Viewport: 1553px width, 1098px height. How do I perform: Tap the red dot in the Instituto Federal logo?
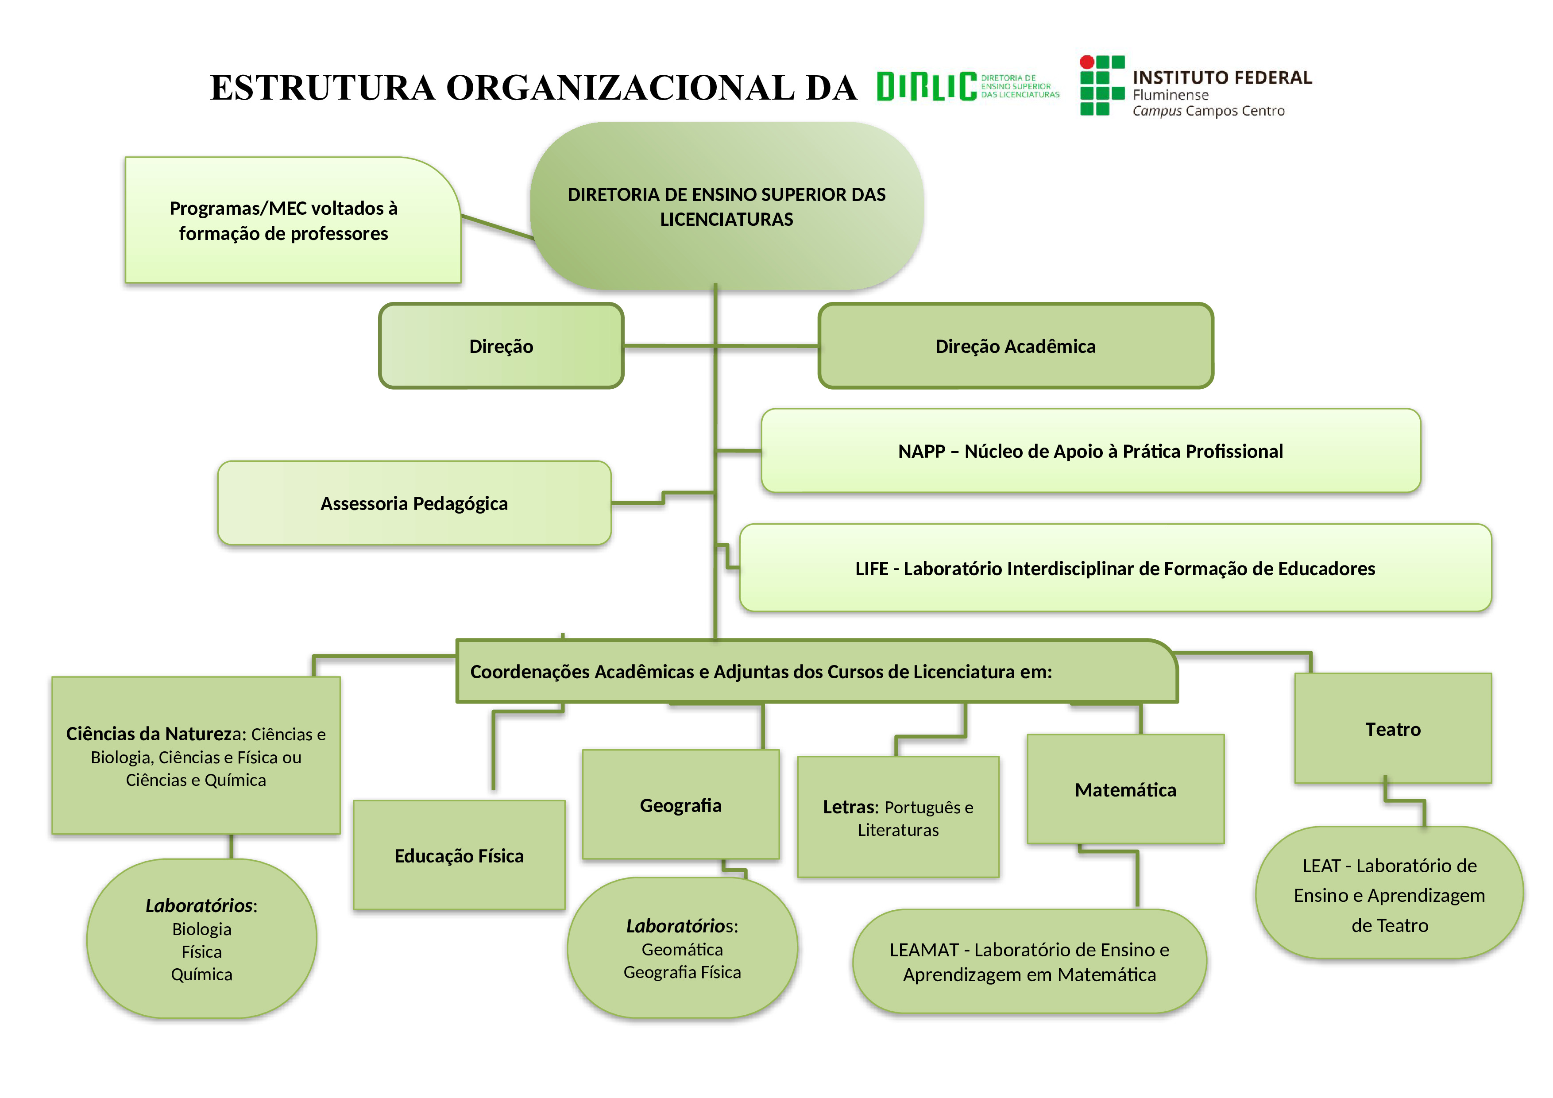[x=1087, y=62]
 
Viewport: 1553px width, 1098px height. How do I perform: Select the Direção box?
[x=501, y=346]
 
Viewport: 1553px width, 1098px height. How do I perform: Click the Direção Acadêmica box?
[x=1015, y=346]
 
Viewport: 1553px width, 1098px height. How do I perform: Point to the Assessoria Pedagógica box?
[x=414, y=503]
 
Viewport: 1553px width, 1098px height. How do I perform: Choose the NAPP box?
[x=1090, y=451]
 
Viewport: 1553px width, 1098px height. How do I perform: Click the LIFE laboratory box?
[x=1115, y=568]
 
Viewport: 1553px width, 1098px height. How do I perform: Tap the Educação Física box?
[x=459, y=856]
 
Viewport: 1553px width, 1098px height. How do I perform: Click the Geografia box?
[x=680, y=805]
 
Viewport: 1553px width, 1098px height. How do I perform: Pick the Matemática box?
[x=1125, y=789]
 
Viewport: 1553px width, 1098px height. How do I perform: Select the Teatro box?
[x=1393, y=729]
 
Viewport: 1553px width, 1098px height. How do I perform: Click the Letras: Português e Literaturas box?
[x=897, y=818]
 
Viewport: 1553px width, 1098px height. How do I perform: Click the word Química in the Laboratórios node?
[x=201, y=974]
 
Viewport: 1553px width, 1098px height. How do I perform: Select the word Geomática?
[x=682, y=949]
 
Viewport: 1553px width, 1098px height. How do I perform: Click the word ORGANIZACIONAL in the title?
[x=620, y=88]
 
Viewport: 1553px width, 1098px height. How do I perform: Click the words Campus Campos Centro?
[x=1209, y=111]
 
